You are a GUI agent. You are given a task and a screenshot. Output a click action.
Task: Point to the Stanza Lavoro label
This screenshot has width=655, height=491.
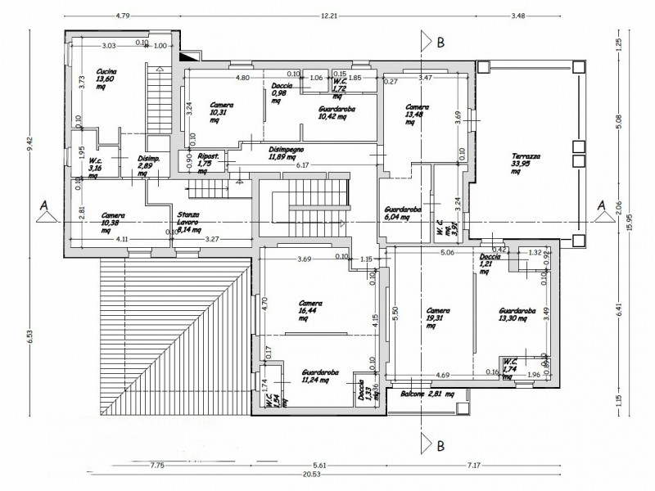tap(192, 221)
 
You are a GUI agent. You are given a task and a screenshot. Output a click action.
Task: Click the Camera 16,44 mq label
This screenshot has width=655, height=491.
tap(309, 309)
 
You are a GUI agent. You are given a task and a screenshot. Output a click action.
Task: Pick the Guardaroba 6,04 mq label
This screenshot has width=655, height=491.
tap(402, 215)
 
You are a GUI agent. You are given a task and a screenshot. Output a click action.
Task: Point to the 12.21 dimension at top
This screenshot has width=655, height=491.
tap(330, 16)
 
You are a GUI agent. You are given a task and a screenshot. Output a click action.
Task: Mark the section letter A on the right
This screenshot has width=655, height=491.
tap(603, 204)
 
